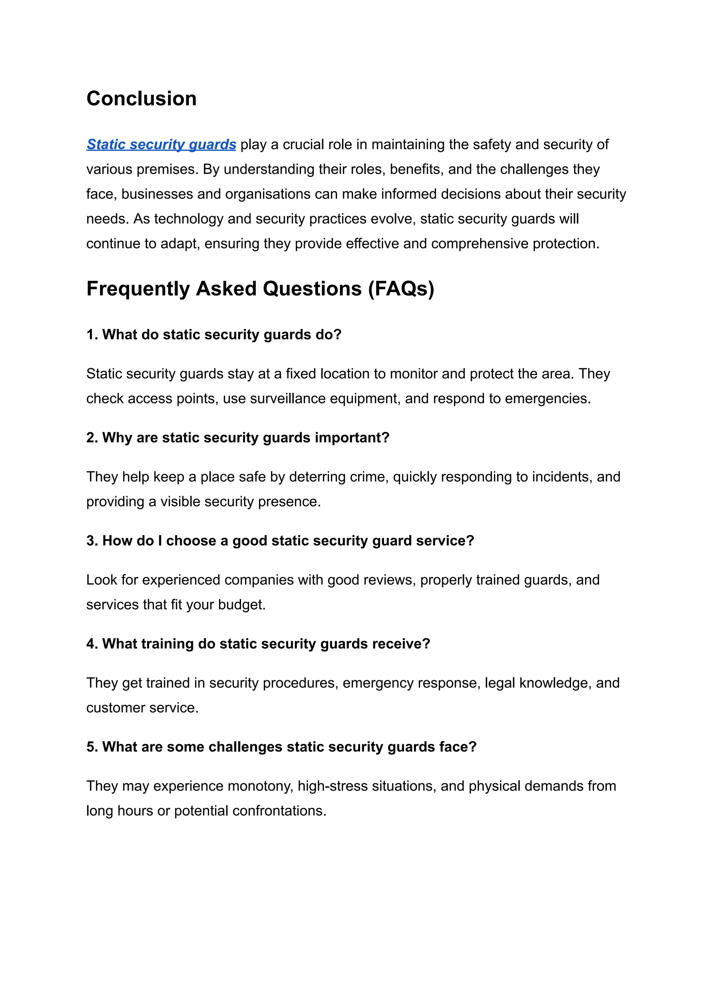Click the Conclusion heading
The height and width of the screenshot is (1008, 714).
click(x=141, y=98)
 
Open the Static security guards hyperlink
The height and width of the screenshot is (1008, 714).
click(x=161, y=145)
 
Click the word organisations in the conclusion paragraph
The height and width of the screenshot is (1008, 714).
click(x=266, y=194)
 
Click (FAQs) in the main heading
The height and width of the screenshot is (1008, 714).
click(x=401, y=289)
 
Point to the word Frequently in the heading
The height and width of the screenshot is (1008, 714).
click(x=138, y=289)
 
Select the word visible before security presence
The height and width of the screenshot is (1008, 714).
click(x=180, y=502)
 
